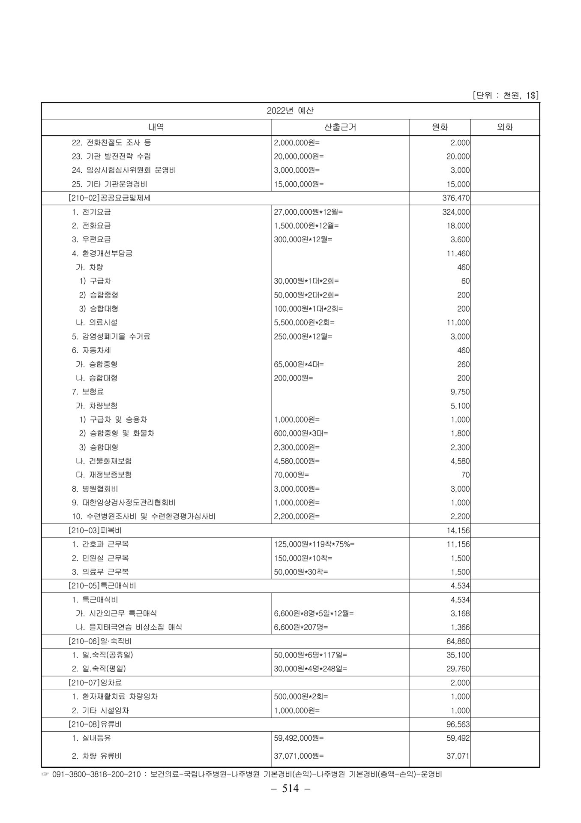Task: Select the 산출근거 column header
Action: point(340,127)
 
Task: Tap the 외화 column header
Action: point(505,127)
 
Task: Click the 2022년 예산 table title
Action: point(290,111)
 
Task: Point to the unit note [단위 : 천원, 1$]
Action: point(505,95)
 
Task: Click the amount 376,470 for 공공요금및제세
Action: point(456,198)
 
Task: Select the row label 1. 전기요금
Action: point(91,212)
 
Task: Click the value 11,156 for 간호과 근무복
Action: point(458,544)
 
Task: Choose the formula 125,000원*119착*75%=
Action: point(314,544)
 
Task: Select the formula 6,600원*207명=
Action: point(301,627)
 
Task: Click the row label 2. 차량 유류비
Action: point(99,756)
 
